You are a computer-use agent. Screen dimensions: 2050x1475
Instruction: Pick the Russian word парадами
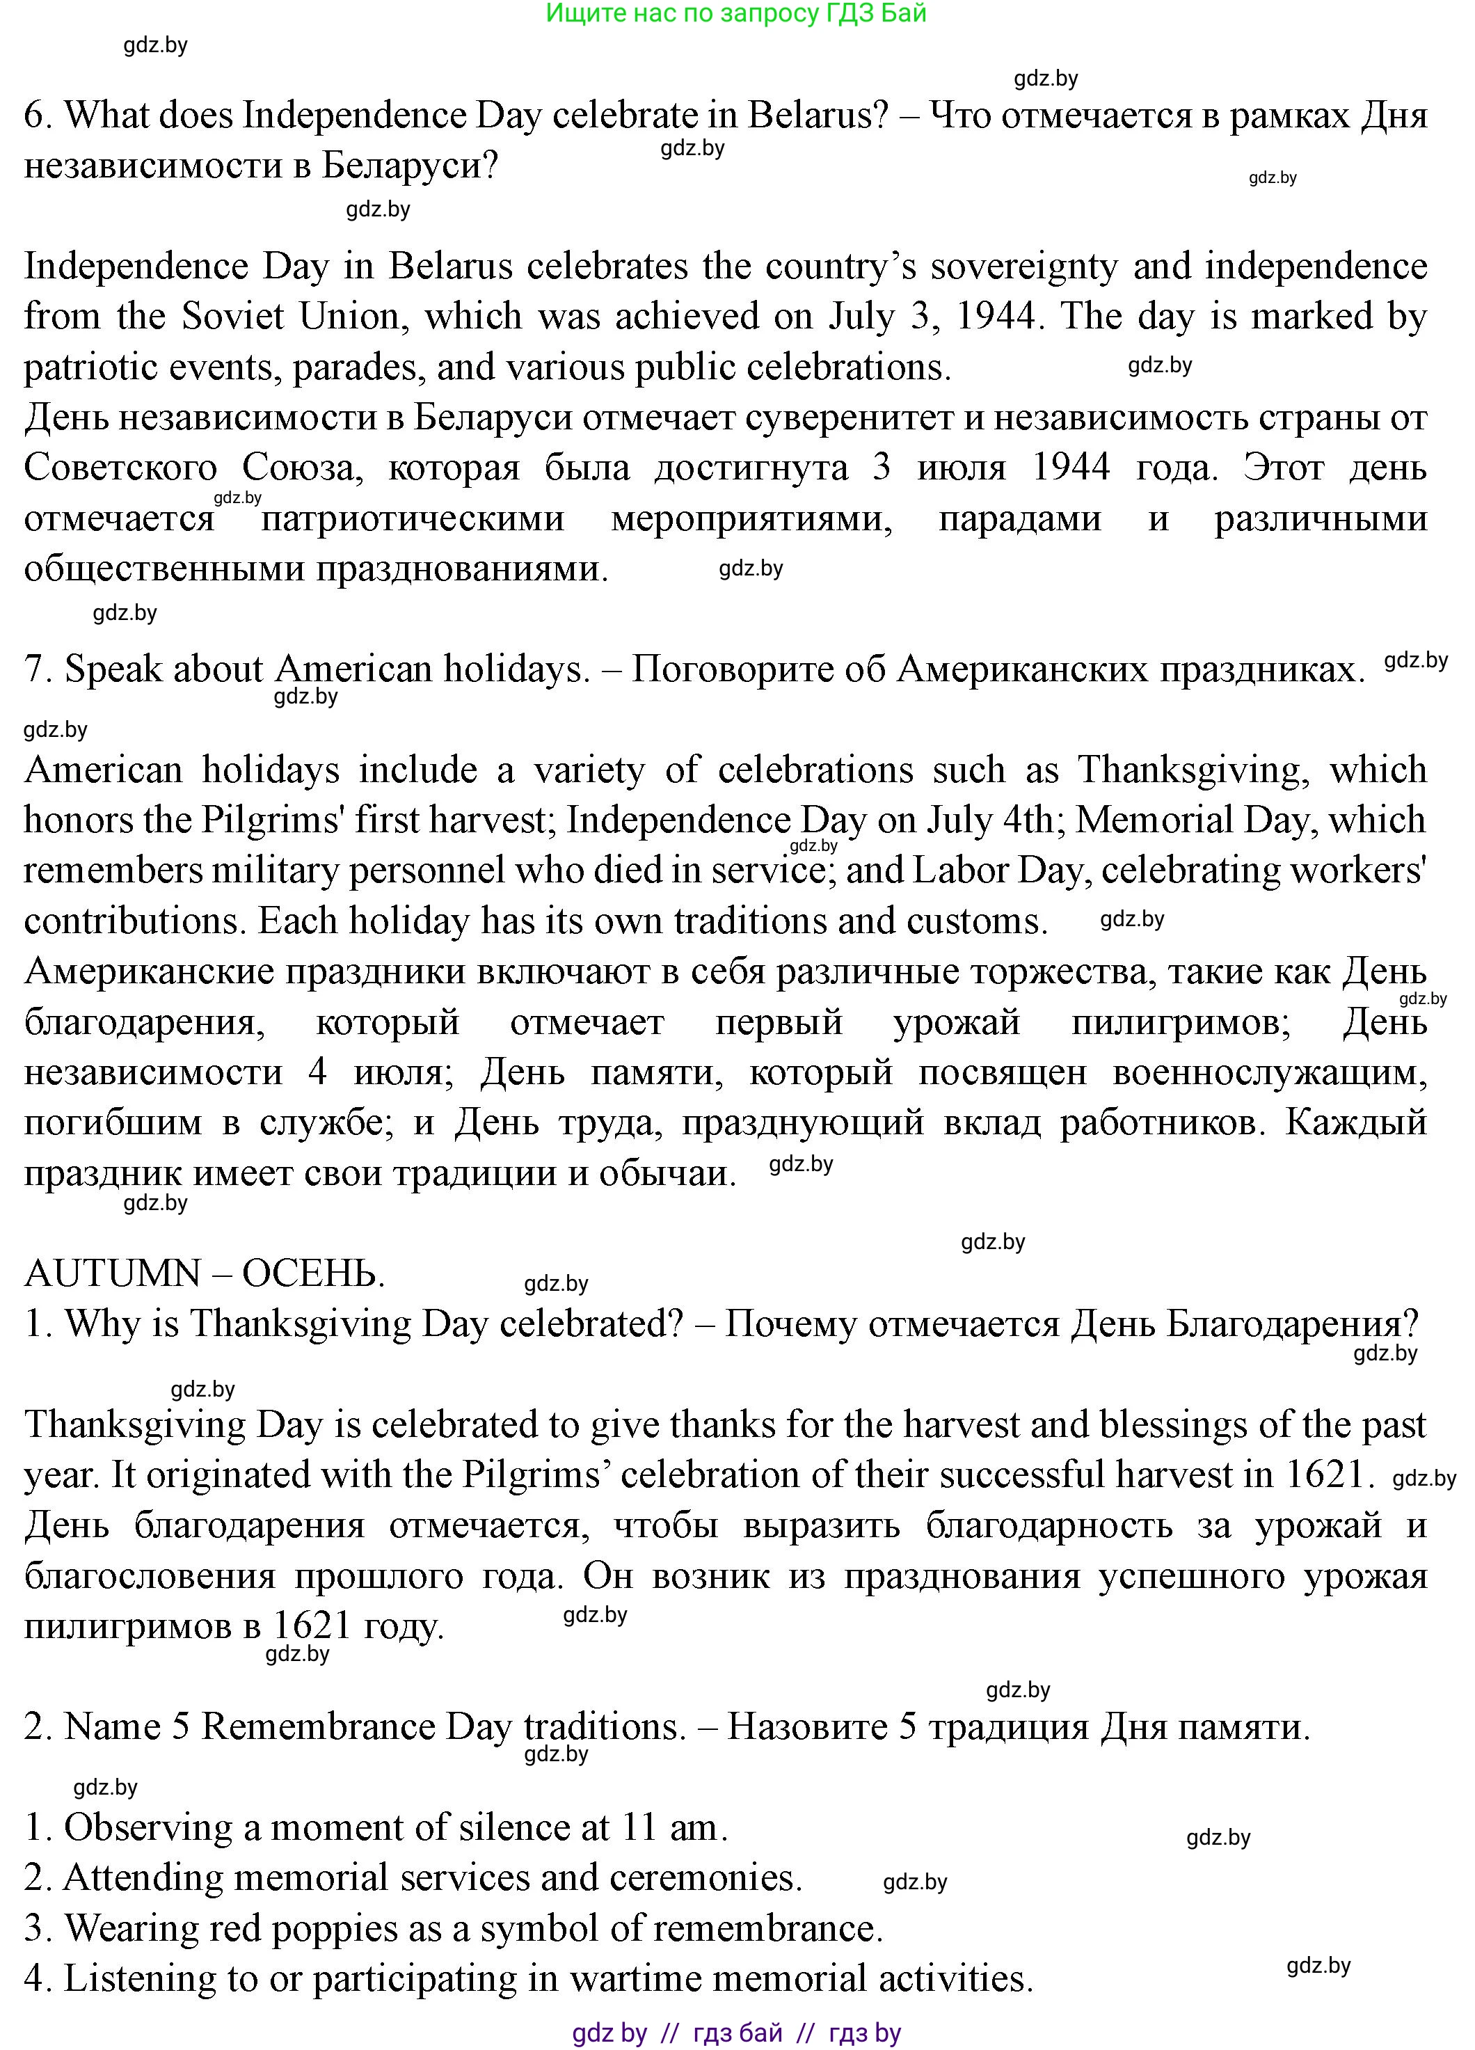tap(1019, 519)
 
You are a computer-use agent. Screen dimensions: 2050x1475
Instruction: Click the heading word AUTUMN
tap(112, 1273)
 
